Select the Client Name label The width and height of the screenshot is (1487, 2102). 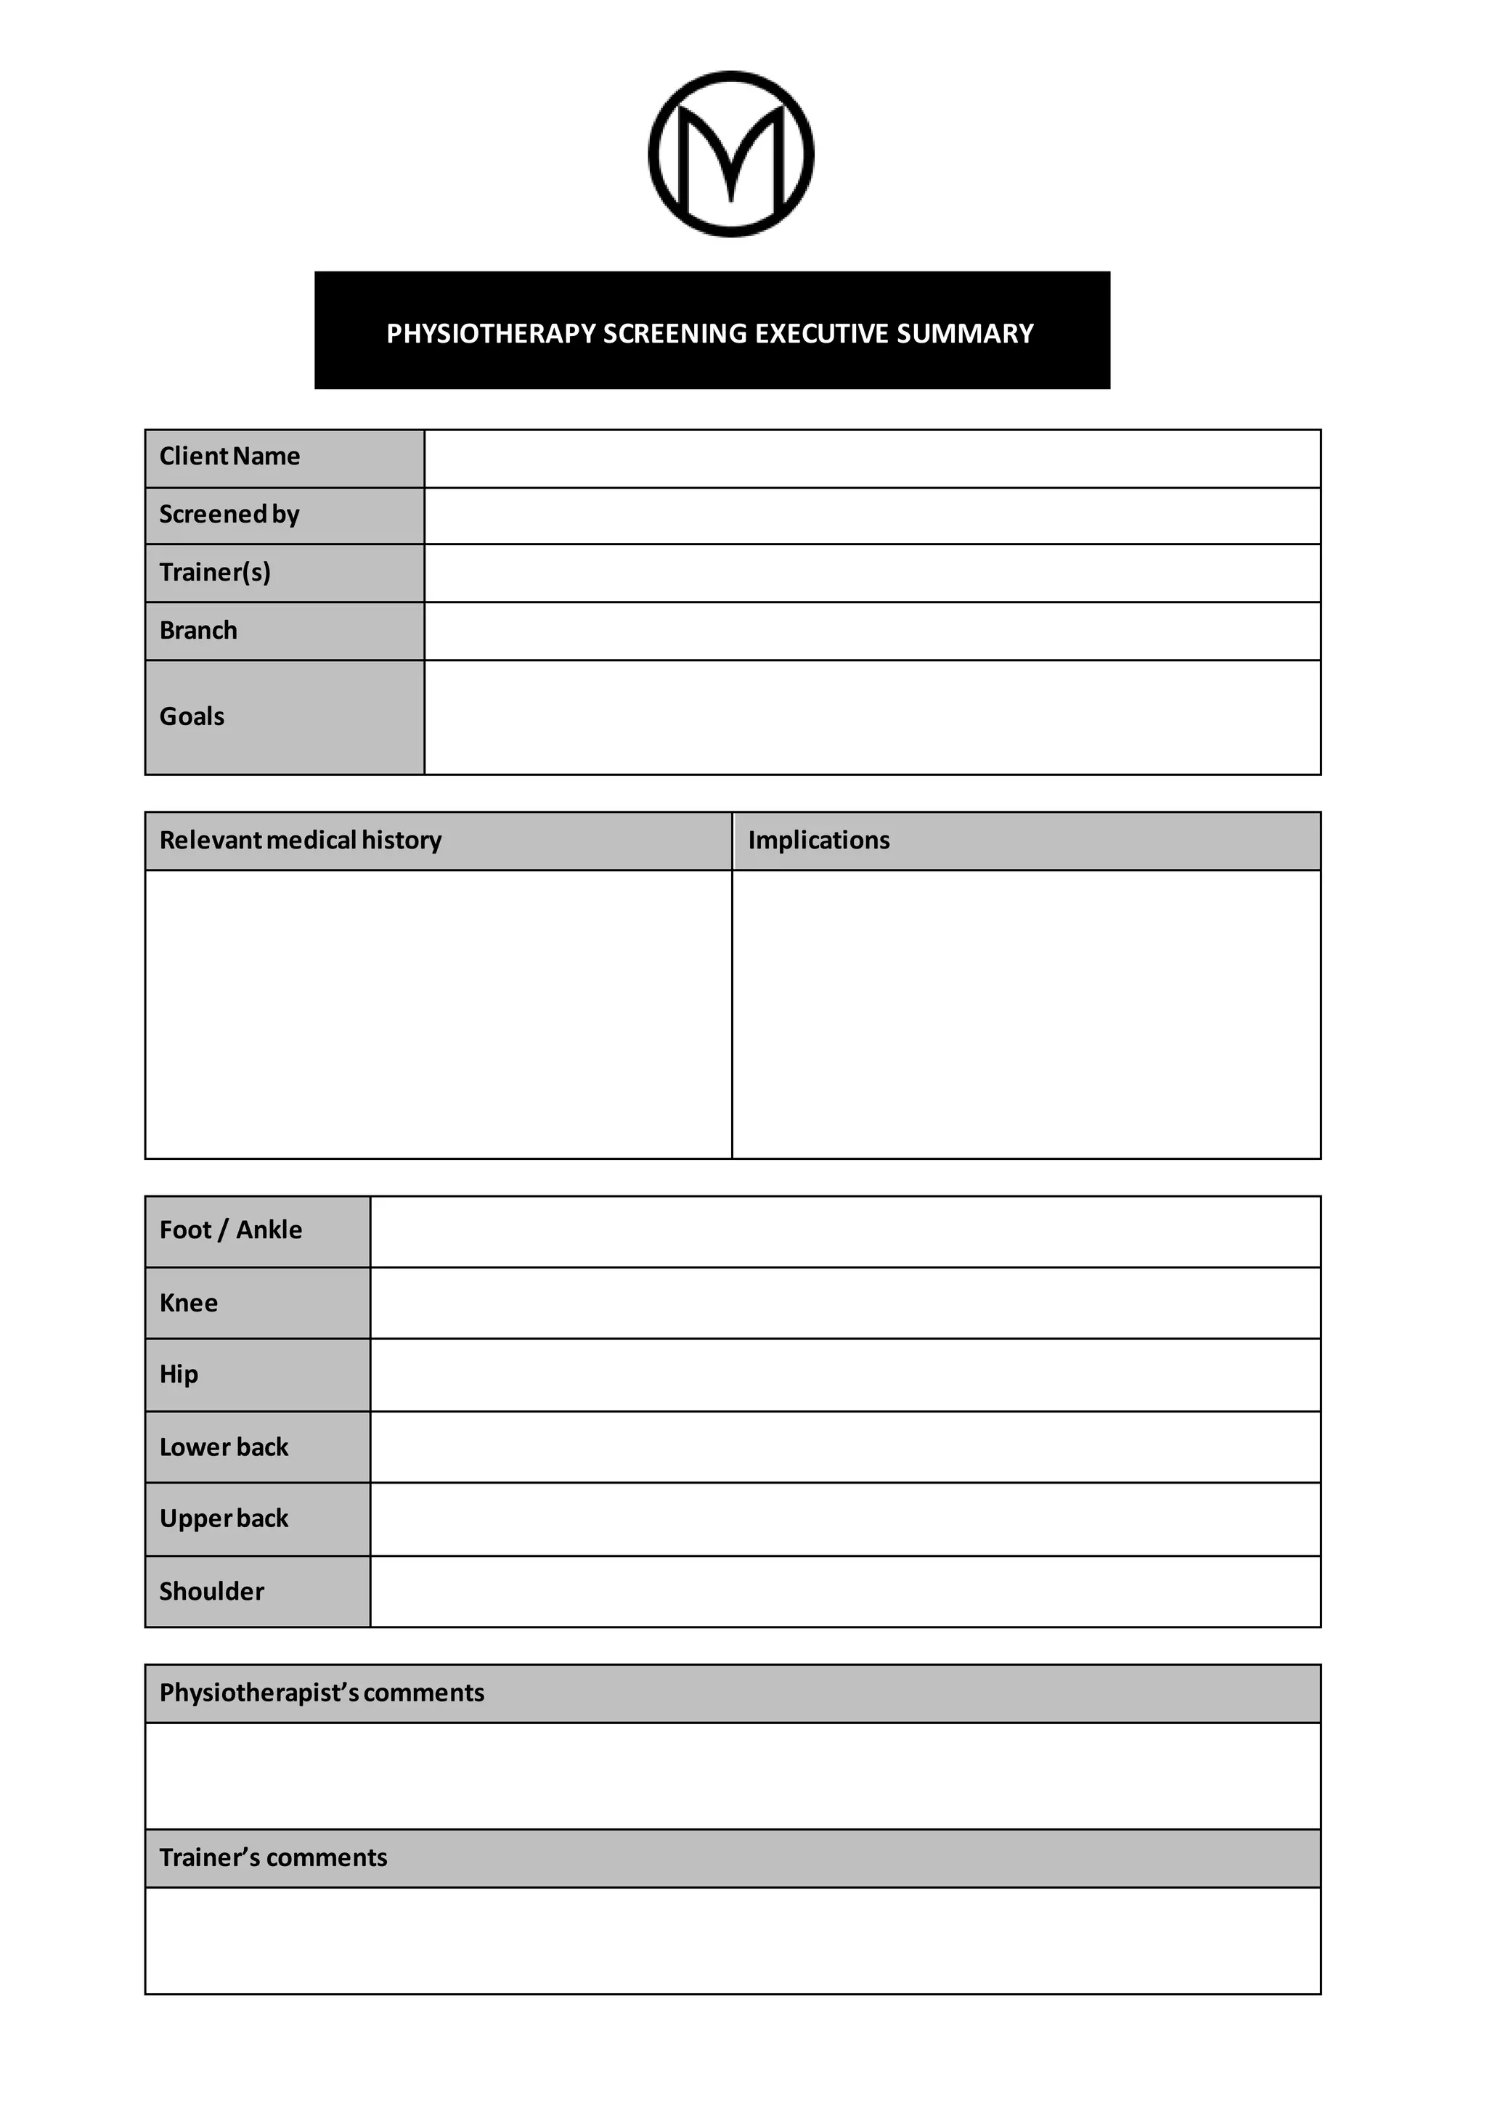tap(230, 456)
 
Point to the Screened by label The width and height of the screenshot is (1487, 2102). tap(230, 515)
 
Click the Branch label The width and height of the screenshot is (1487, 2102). tap(199, 631)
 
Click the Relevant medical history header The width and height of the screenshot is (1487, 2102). tap(301, 841)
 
